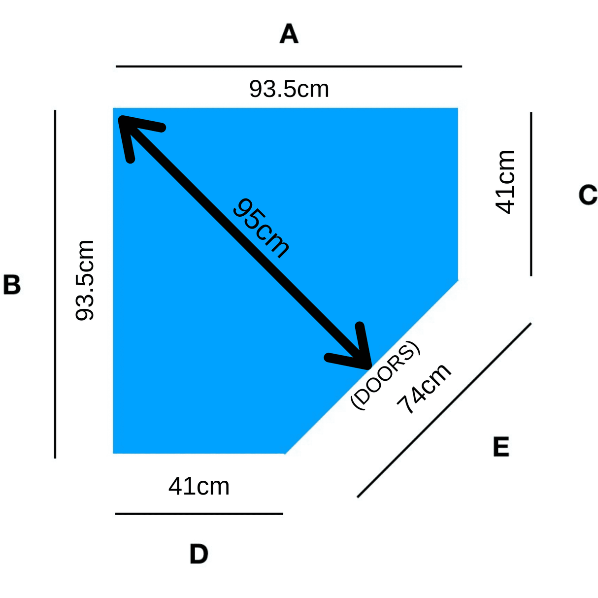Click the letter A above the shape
[289, 34]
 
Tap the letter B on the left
[12, 285]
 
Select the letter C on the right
[588, 195]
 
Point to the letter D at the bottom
[199, 554]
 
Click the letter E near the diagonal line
[501, 447]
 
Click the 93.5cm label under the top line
[289, 89]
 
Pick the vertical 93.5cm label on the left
[84, 280]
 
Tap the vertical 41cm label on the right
[505, 182]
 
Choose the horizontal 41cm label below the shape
[199, 487]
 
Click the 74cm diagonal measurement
[424, 388]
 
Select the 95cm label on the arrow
[261, 228]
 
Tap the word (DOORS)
[385, 374]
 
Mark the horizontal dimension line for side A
[289, 66]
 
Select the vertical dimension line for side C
[531, 194]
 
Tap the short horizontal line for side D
[199, 514]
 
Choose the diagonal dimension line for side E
[444, 410]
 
